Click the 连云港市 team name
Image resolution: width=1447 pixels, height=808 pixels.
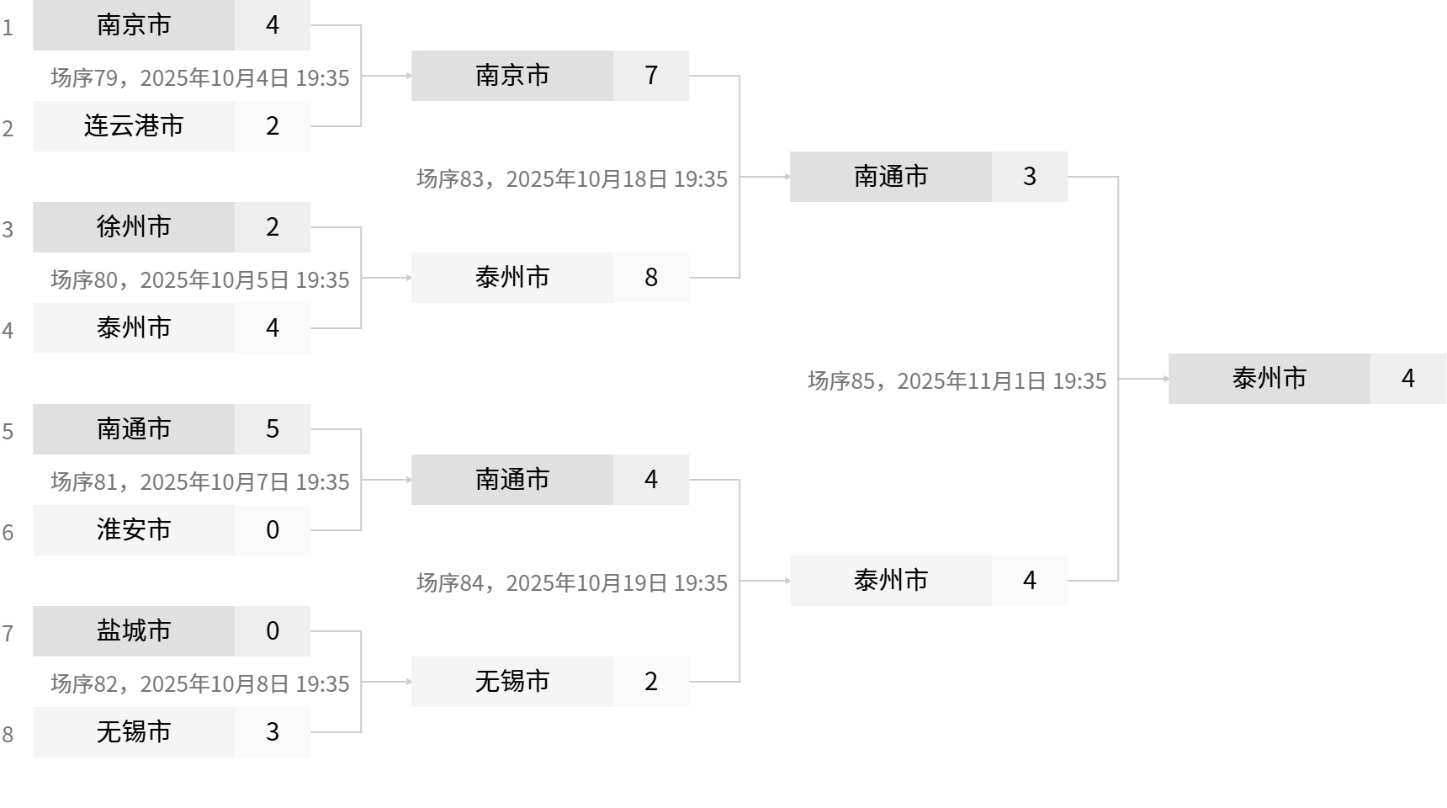(134, 126)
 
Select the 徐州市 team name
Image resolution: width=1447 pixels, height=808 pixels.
(134, 227)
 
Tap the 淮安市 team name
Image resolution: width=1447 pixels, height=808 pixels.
(134, 530)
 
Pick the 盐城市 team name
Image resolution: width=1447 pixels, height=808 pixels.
(134, 631)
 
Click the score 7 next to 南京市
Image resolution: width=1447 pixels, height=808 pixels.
(651, 76)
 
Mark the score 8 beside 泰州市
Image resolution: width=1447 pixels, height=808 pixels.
(651, 278)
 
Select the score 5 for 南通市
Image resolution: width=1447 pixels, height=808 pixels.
(273, 429)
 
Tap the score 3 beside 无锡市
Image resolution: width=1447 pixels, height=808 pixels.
(273, 732)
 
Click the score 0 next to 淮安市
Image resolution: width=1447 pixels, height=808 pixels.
(273, 530)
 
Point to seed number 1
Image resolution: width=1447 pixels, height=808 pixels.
(8, 28)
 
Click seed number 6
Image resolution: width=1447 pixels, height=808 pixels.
(8, 533)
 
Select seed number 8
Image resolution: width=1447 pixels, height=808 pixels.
(8, 735)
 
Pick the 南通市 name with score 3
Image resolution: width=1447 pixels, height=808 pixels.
(891, 177)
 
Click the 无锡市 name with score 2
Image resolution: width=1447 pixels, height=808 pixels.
(512, 682)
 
